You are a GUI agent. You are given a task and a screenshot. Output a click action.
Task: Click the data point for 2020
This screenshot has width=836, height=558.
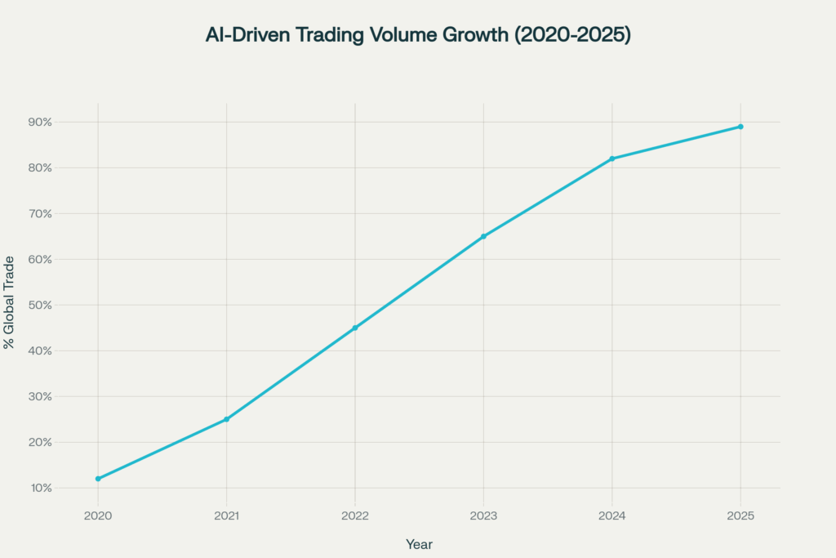tap(98, 479)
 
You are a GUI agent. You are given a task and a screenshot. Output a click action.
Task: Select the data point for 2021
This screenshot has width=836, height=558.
tap(226, 419)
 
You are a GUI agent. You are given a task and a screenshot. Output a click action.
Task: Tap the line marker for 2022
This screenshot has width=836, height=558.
tap(355, 328)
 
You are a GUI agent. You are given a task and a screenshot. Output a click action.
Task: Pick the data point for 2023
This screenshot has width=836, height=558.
tap(483, 236)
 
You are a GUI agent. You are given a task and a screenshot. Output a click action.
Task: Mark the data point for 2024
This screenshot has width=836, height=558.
tap(611, 158)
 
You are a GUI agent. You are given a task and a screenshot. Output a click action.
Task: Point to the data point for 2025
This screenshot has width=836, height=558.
tap(740, 127)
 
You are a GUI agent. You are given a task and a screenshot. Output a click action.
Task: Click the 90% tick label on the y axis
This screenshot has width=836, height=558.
tap(40, 122)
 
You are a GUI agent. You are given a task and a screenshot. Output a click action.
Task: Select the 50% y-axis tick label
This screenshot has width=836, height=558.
tap(40, 305)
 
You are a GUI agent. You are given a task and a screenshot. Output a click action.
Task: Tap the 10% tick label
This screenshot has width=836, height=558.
tap(40, 488)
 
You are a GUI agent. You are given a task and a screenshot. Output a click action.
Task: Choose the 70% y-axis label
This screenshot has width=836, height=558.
tap(40, 213)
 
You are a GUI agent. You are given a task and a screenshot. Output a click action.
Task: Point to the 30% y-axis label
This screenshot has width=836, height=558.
tap(40, 396)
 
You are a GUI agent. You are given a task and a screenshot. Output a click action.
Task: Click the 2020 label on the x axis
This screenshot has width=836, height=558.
tap(98, 516)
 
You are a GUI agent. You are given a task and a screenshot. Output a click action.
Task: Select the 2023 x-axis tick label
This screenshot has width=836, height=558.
tap(483, 516)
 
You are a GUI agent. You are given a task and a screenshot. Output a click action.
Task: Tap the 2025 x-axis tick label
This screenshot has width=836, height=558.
tap(740, 516)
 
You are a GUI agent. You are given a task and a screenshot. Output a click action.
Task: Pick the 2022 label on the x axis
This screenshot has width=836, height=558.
tap(355, 516)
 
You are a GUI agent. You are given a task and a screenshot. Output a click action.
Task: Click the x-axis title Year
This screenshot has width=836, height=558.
tap(419, 544)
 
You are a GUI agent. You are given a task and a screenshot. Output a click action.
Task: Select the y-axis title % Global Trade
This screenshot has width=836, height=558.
tap(9, 302)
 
